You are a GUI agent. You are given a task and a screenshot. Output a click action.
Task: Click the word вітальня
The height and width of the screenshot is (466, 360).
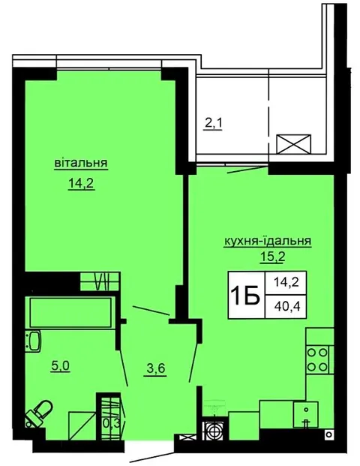point(81,163)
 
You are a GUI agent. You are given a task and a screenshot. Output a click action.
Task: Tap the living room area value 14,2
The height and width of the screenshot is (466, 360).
point(81,183)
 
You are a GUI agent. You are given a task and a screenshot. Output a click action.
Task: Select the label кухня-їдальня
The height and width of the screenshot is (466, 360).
point(267,241)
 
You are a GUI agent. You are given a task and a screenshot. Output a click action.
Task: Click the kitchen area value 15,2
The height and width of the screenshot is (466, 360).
point(272,257)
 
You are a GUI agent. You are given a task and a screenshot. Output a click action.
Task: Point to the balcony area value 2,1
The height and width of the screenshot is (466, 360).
point(213,123)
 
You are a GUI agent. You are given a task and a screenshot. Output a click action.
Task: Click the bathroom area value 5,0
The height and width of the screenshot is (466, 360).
point(60,366)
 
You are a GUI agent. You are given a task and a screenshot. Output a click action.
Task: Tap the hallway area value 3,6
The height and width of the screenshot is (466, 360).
point(156,369)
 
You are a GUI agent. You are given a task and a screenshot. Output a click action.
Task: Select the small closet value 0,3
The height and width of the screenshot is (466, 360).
point(112,423)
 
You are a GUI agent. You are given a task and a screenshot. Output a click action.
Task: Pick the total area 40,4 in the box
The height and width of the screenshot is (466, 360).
point(286,306)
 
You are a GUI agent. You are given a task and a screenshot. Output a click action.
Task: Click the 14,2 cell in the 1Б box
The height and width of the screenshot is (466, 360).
point(286,282)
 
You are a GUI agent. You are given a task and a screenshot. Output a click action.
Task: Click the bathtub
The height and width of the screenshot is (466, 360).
point(70,312)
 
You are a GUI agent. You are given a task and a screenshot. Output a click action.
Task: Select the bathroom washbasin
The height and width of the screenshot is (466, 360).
point(33,341)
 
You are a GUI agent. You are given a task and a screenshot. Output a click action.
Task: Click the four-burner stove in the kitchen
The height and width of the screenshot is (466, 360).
point(317,360)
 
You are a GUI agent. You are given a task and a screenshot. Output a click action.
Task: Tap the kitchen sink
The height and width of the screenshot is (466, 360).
point(306,414)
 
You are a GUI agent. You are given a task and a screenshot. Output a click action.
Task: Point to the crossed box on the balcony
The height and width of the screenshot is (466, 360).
point(294,144)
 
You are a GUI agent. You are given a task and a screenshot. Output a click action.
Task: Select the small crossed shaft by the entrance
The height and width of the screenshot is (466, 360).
point(186,437)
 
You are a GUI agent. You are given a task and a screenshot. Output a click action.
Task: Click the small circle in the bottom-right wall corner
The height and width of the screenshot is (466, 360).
point(328,434)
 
